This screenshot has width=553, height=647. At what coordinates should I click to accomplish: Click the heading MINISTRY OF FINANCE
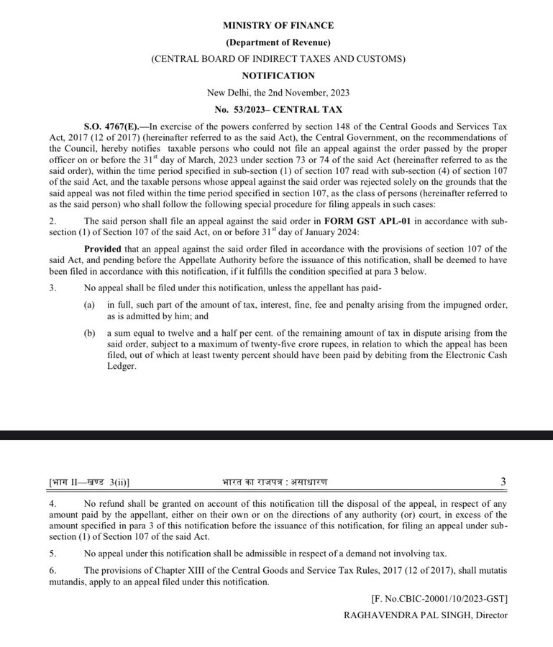tap(278, 26)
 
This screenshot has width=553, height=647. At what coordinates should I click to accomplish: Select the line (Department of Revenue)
tap(278, 42)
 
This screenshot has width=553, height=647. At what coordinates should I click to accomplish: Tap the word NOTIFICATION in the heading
tap(278, 75)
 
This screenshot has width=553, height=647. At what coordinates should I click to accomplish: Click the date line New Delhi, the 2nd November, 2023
tap(278, 92)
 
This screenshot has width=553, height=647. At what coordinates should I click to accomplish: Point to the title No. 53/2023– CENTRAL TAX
tap(278, 109)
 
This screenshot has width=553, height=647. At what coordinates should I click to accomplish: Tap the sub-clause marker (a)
tap(89, 306)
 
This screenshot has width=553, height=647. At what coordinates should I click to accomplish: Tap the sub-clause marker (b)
tap(89, 333)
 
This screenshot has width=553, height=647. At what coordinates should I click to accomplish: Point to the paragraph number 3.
tap(53, 288)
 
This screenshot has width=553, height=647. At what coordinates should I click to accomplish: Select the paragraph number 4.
tap(53, 503)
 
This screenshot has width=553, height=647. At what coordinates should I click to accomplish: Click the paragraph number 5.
tap(53, 553)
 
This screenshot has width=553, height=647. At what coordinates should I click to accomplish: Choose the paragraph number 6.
tap(53, 571)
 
